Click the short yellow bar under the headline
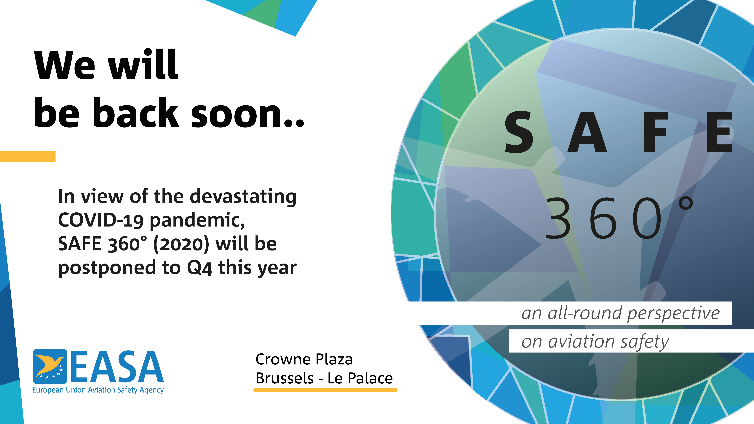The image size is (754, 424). [x=28, y=156]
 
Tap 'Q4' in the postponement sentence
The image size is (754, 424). [x=200, y=268]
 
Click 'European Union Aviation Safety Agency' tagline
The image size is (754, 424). [x=98, y=390]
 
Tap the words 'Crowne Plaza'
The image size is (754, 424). [x=304, y=359]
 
